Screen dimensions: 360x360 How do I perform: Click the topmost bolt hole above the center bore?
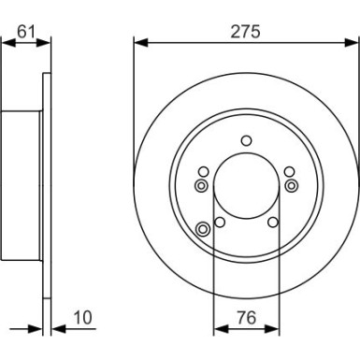coord(246,140)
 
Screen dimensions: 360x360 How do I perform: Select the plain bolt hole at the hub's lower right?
coord(272,222)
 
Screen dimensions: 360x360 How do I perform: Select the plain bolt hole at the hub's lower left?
coord(219,222)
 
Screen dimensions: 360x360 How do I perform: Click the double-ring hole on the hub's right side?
coord(291,185)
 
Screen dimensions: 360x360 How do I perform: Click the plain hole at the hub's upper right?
coord(288,171)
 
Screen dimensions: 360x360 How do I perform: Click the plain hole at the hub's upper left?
coord(203,171)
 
